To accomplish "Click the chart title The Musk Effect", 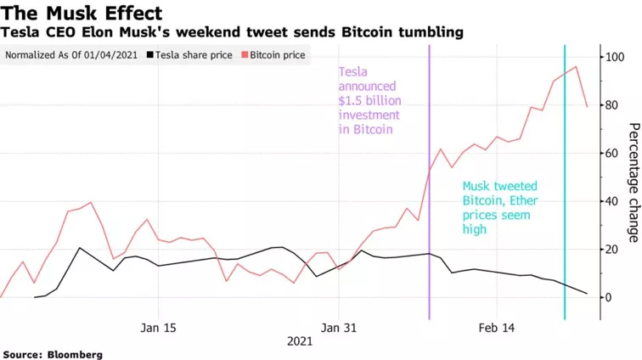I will (82, 13).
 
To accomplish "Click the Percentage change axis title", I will (633, 183).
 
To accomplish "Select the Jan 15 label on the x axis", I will (159, 328).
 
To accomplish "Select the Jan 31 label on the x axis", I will (339, 328).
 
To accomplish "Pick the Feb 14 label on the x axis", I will (497, 328).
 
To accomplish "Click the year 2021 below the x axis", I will (300, 341).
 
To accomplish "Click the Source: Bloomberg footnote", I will (53, 354).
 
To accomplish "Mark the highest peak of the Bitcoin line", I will (577, 66).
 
